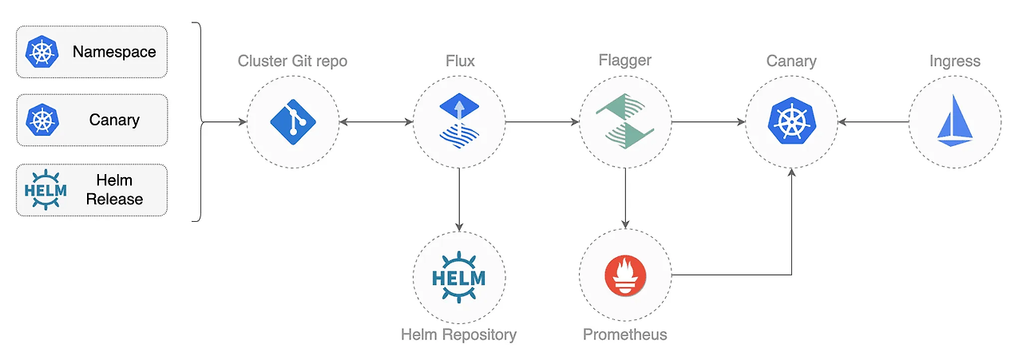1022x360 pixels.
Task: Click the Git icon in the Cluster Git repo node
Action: point(293,121)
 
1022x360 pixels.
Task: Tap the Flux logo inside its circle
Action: point(458,121)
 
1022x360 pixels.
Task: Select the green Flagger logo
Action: point(624,121)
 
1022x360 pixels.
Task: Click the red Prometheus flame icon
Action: point(625,276)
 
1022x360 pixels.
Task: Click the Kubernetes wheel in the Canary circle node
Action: point(791,121)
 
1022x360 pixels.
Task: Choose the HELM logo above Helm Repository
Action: point(458,278)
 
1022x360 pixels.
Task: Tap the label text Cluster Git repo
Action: point(293,61)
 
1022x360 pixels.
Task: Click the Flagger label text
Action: point(624,61)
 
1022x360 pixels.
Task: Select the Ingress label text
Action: point(954,61)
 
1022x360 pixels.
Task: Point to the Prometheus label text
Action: point(624,334)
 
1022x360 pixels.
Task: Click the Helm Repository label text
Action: point(458,334)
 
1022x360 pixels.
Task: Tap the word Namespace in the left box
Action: point(114,52)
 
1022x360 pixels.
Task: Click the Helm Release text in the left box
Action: point(114,190)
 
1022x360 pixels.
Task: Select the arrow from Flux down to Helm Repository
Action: point(458,200)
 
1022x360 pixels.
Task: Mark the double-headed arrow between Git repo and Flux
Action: point(375,122)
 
